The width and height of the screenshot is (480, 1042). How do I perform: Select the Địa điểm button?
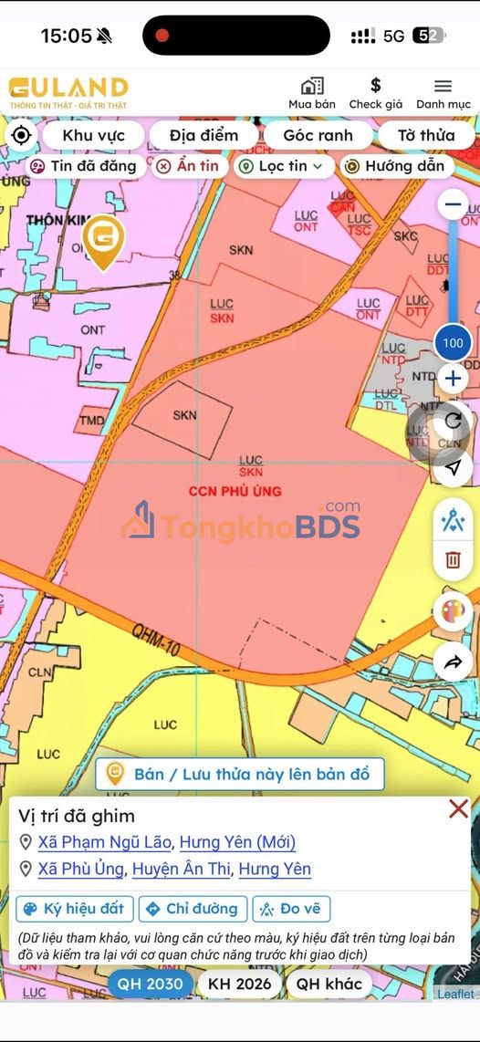point(203,135)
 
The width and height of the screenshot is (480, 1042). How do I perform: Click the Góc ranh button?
point(318,135)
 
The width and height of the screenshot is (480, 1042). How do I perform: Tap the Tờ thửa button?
point(425,135)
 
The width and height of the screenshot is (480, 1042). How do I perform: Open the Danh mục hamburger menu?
point(443,93)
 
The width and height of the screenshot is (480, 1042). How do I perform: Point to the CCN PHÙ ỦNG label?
point(235,491)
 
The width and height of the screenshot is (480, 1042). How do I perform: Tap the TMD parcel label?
point(91,421)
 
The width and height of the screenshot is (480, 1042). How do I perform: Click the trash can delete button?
point(453,560)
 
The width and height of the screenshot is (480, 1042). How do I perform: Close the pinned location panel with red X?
point(458,808)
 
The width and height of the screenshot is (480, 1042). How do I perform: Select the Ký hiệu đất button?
point(75,909)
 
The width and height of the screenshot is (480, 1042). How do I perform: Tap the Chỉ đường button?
point(193,909)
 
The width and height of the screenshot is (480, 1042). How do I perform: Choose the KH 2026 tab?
point(239,984)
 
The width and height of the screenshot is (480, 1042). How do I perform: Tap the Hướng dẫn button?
point(396,166)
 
